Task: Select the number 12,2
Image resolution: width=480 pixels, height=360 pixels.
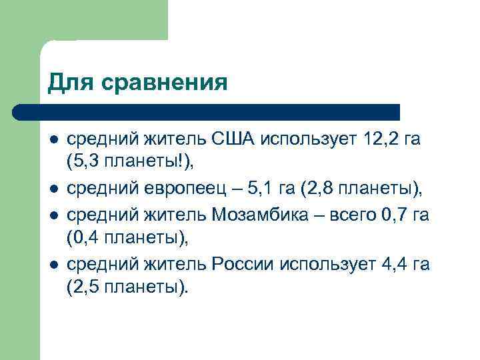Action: [385, 139]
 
